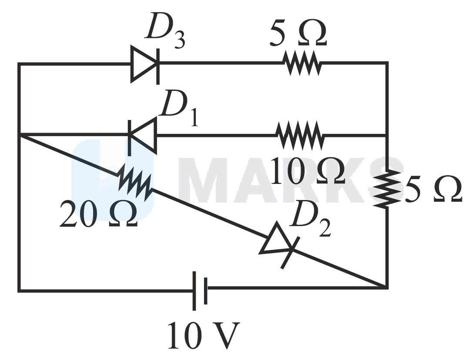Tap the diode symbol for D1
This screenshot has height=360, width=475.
pyautogui.click(x=143, y=135)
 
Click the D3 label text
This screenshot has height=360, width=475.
pyautogui.click(x=165, y=31)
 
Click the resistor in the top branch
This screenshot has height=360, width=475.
pyautogui.click(x=303, y=64)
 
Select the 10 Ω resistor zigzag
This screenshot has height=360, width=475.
pyautogui.click(x=301, y=135)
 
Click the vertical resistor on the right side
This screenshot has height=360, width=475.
pyautogui.click(x=387, y=187)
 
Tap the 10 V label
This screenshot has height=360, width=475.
pyautogui.click(x=203, y=336)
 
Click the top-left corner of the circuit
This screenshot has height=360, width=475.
pyautogui.click(x=19, y=64)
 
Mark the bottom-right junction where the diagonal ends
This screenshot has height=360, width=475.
pyautogui.click(x=386, y=287)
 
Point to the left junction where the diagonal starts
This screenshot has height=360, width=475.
pyautogui.click(x=19, y=135)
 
